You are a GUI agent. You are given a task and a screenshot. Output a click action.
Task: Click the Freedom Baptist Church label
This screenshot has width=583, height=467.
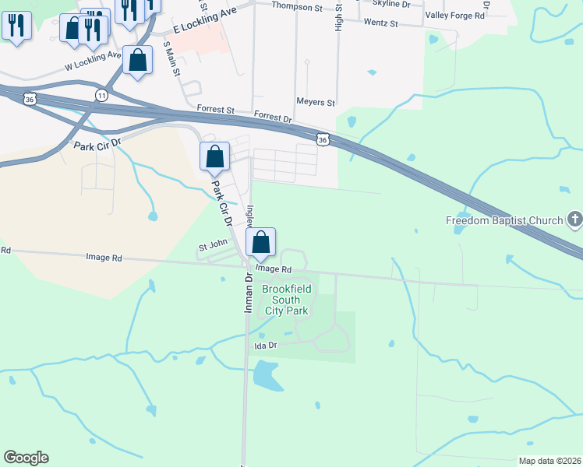(503, 220)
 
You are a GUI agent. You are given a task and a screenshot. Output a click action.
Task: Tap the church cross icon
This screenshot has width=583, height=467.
(574, 219)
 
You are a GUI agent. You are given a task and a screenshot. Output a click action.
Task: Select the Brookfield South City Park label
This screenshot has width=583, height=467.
(286, 300)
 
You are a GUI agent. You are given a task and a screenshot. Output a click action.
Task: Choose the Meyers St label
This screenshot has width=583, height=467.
(316, 102)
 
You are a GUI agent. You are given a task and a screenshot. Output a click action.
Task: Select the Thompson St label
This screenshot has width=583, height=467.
(297, 7)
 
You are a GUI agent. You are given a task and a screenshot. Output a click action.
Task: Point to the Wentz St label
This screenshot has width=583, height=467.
(380, 24)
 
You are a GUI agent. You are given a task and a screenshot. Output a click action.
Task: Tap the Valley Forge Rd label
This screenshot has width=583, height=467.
(455, 15)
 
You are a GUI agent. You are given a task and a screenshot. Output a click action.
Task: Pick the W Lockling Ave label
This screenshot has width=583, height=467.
(94, 61)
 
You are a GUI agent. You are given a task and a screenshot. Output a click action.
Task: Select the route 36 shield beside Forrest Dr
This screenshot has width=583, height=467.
(322, 139)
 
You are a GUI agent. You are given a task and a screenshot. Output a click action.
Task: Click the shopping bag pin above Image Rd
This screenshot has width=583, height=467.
(261, 242)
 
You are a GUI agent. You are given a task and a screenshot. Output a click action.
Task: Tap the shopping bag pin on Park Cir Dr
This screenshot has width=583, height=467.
(214, 156)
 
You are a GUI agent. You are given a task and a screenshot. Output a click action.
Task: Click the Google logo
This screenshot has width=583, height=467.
(26, 458)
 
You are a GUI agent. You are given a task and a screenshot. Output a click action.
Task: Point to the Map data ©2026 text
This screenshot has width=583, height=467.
(549, 461)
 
